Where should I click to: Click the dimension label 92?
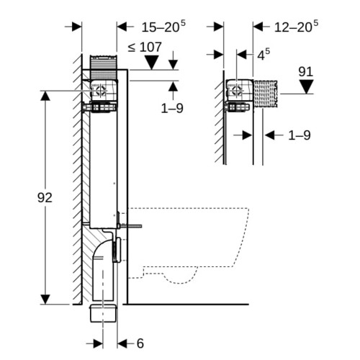45,198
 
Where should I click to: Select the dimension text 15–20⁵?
163,27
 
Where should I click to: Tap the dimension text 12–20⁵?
296,27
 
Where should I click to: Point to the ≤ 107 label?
145,47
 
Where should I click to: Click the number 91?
306,71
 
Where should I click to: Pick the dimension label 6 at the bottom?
140,343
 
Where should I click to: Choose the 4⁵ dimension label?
264,55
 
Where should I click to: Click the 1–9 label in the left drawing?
172,108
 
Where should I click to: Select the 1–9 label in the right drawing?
300,135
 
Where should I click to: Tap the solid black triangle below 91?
307,86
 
